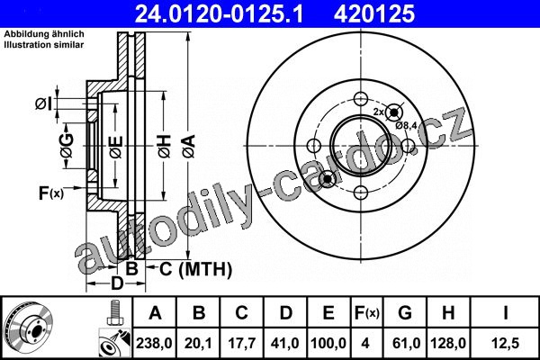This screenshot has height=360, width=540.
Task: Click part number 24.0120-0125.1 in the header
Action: [x=219, y=13]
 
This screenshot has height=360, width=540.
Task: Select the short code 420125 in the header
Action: [x=374, y=13]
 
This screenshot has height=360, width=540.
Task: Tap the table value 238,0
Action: [x=154, y=343]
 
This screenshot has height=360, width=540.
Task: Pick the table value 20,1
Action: [x=198, y=343]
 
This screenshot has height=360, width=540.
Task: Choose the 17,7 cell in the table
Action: [x=242, y=343]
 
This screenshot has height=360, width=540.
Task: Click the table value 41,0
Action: [x=285, y=343]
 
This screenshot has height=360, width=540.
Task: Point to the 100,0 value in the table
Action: [x=328, y=343]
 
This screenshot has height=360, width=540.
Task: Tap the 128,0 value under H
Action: [x=448, y=343]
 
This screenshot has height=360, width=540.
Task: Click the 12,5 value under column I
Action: [x=506, y=343]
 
